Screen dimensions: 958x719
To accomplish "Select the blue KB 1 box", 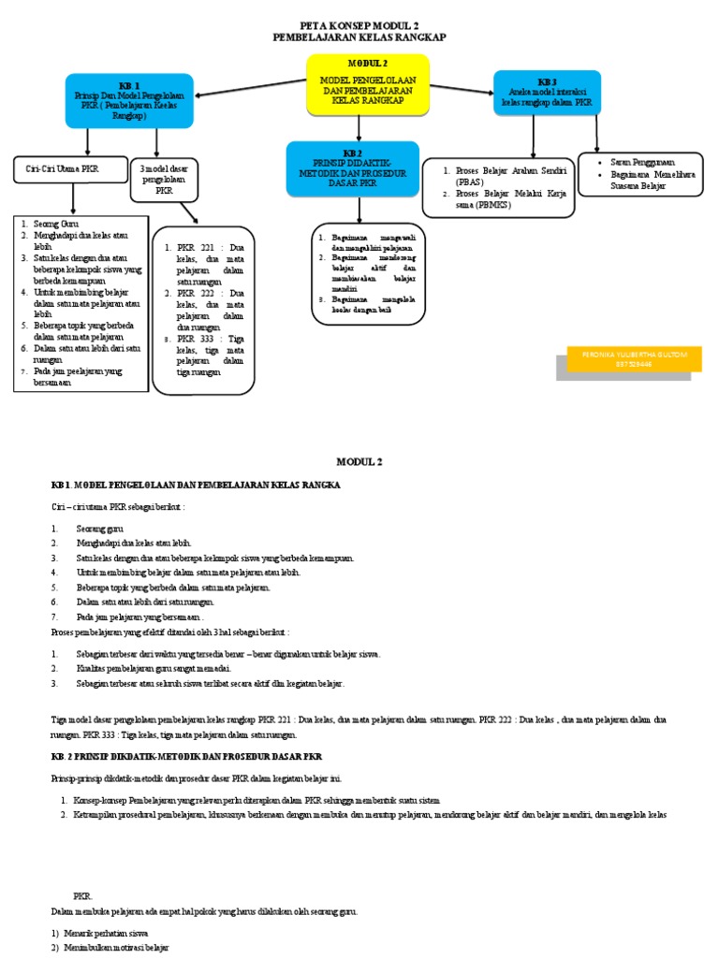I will (129, 101).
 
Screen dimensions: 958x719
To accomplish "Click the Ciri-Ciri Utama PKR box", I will (69, 169).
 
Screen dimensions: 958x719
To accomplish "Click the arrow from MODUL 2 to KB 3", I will (462, 91).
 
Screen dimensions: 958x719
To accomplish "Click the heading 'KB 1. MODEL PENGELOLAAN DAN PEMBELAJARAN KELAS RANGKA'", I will (196, 486).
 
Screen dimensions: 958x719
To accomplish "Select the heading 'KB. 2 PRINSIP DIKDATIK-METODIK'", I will (186, 754).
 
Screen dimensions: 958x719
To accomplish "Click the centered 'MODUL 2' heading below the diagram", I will (359, 461).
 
